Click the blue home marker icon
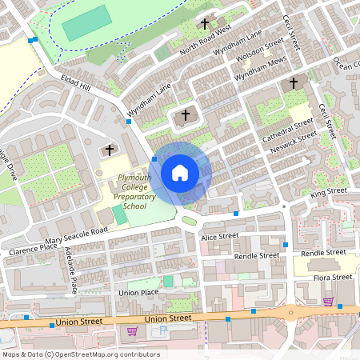tap(180, 172)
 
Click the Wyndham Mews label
tap(260, 71)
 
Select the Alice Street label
tap(219, 237)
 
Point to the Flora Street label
tap(332, 278)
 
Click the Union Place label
tap(138, 293)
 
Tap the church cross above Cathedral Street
tap(293, 82)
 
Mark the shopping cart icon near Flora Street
tap(328, 301)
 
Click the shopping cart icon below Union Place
tap(132, 330)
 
